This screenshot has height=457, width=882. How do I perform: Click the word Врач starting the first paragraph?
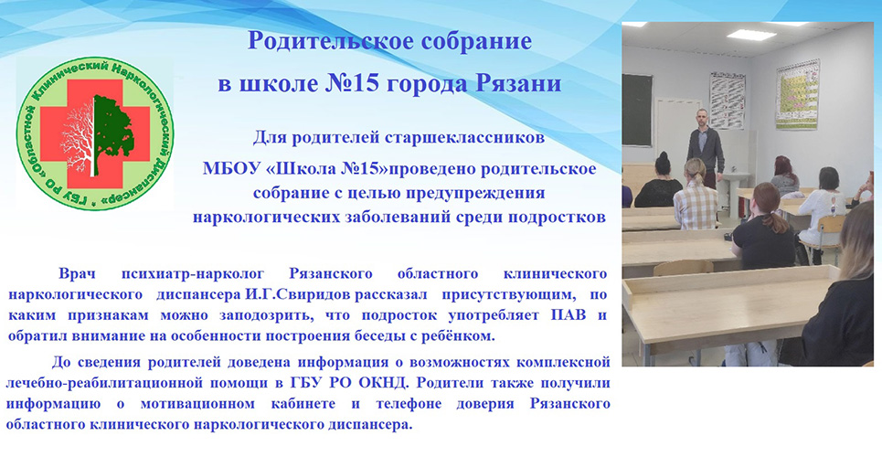pos(77,274)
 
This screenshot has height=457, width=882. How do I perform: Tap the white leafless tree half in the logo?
pos(78,135)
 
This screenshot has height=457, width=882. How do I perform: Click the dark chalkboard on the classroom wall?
pos(637,111)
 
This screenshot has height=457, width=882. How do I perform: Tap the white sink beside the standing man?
pos(735,176)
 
